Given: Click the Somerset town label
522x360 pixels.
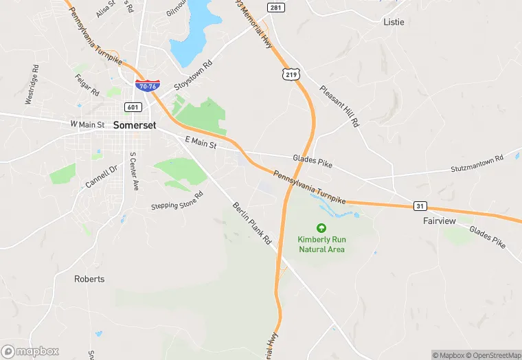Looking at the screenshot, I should (135, 126).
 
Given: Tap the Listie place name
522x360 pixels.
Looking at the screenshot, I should (394, 22).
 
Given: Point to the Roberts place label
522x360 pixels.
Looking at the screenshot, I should (89, 279).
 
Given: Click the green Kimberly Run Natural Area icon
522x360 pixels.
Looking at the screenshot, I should (321, 227).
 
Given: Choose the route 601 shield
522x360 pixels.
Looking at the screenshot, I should (133, 107).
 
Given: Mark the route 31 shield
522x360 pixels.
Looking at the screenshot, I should (420, 205).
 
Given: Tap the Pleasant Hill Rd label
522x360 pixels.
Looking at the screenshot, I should (340, 106).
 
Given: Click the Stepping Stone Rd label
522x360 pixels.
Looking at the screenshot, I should (178, 200).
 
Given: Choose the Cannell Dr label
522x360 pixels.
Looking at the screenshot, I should (102, 177).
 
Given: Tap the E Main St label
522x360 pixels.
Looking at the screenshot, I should (201, 142).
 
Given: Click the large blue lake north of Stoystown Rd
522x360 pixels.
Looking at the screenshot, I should (193, 31).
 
